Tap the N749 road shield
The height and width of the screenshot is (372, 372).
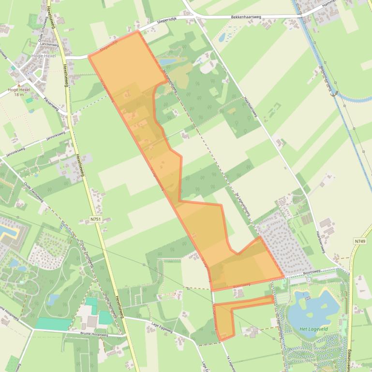pos(359,241)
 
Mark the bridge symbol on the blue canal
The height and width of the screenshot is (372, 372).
pos(333,94)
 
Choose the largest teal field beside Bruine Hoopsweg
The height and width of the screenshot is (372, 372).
pos(53,324)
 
